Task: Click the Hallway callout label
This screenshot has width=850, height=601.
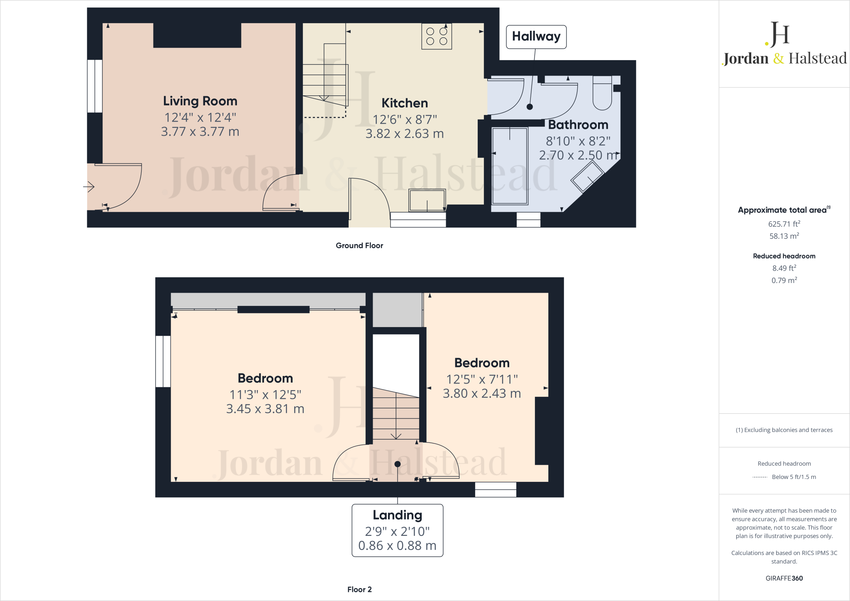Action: point(536,37)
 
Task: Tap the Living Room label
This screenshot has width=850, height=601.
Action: point(200,101)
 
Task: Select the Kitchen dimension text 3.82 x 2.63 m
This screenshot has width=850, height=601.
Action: point(404,134)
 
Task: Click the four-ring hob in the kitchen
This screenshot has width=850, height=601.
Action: point(437,36)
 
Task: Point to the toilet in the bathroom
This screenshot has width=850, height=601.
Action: point(602,93)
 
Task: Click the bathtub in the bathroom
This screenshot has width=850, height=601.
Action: point(510,166)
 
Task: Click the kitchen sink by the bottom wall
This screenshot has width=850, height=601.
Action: point(427,200)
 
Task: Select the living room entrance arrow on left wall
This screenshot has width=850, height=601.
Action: point(89,187)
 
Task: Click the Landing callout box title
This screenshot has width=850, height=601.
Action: point(397,515)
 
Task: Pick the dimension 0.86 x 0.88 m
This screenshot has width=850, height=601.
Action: point(397,545)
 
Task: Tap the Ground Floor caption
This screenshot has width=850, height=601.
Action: point(359,245)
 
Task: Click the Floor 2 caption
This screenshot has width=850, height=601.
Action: point(359,589)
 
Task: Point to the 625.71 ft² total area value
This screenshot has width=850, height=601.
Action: point(784,224)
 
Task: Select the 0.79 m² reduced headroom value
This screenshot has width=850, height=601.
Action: point(784,280)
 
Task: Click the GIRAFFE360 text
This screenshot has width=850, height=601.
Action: point(784,578)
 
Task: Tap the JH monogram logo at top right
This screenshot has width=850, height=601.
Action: point(778,34)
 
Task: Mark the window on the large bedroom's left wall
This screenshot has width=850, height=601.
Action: point(163,361)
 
